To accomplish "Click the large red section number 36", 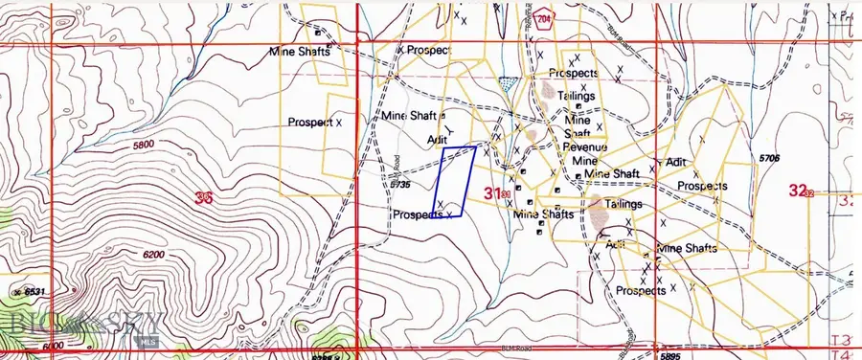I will [202, 198].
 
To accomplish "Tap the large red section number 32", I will [797, 191].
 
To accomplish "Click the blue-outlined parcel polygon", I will [455, 181].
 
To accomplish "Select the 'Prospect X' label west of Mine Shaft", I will [315, 123].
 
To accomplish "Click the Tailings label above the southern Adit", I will [623, 205].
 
